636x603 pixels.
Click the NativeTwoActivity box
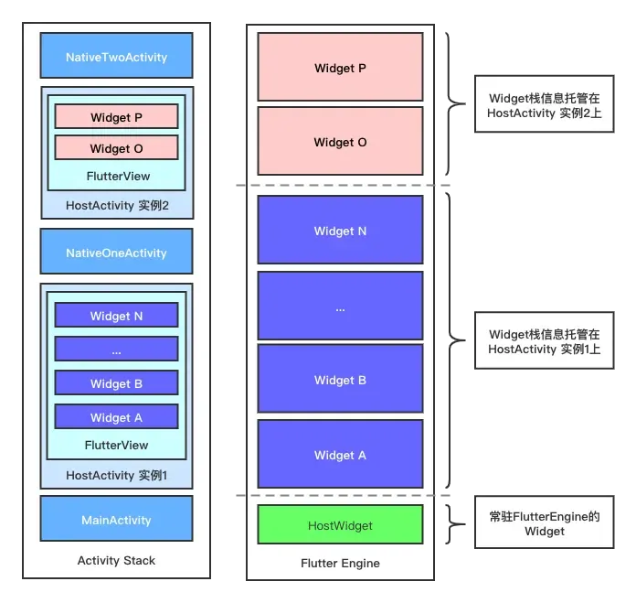tap(116, 56)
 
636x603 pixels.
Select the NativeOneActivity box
tap(116, 252)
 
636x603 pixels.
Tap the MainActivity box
tap(116, 519)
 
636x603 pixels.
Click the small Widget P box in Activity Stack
tap(116, 117)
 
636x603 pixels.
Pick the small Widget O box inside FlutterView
tap(116, 147)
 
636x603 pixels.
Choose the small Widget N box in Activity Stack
tap(116, 316)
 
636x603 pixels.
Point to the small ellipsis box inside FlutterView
tap(116, 350)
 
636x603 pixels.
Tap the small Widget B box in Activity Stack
tap(116, 383)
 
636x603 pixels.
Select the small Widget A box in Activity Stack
tap(116, 417)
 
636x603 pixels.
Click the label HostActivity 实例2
tap(117, 205)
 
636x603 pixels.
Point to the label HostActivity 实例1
tap(117, 475)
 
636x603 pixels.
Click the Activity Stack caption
tap(116, 560)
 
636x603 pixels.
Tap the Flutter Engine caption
tap(339, 563)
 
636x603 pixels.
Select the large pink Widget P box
tap(340, 68)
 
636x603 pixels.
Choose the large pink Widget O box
tap(340, 142)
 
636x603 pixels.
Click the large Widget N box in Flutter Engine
tap(340, 231)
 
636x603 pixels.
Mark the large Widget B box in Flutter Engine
tap(340, 380)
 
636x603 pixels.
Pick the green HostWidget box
tap(340, 525)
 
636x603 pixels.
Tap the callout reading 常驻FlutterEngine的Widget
tap(544, 523)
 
